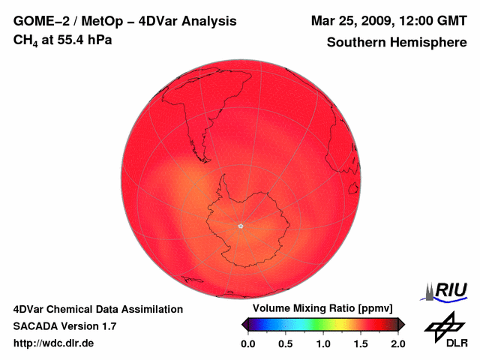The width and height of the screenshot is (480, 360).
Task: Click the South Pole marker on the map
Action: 240,225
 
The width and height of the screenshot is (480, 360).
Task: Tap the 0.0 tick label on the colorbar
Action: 247,343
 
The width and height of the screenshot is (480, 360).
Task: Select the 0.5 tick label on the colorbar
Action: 285,343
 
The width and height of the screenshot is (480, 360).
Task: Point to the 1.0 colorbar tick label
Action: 323,343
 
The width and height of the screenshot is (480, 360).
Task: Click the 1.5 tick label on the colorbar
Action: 361,343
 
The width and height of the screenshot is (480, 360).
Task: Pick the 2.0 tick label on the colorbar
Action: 398,343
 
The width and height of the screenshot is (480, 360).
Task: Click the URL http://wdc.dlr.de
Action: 54,343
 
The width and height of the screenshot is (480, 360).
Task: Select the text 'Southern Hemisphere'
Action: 396,43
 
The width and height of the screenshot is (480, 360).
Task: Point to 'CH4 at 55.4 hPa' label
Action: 63,40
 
